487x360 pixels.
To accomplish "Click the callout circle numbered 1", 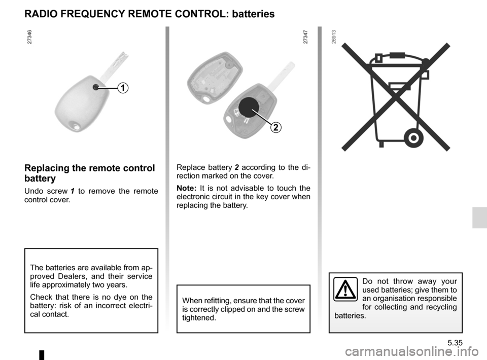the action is coord(122,88).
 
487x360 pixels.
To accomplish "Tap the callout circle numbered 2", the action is coord(275,127).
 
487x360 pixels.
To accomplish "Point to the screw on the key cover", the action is coord(95,87).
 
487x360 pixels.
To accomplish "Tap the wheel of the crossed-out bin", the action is coord(412,137).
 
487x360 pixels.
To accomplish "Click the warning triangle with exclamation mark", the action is coord(345,289).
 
